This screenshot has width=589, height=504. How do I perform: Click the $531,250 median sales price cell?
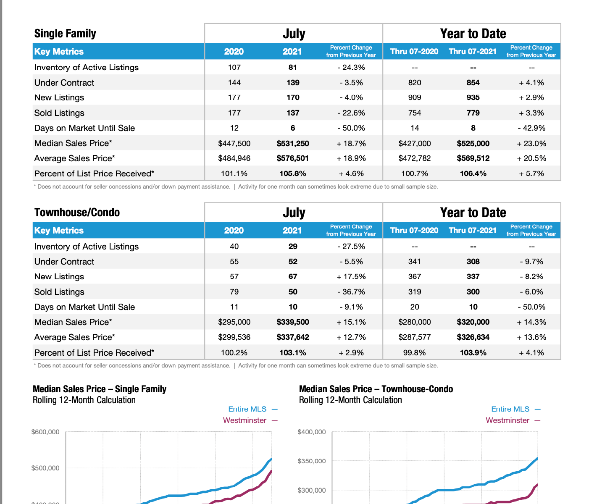(x=292, y=144)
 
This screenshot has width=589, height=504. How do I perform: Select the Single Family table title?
(x=65, y=34)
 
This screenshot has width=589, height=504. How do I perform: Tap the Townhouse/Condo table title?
(x=77, y=213)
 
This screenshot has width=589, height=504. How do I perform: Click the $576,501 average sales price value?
(x=292, y=158)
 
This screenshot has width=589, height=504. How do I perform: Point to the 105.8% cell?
(x=292, y=173)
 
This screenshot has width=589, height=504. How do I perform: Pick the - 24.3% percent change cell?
(x=351, y=67)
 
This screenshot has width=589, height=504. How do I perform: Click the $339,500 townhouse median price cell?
(x=292, y=322)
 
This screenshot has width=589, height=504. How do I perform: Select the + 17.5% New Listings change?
(x=351, y=276)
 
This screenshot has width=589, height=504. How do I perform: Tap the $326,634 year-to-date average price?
(x=473, y=337)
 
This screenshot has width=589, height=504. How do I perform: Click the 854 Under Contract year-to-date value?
(x=473, y=83)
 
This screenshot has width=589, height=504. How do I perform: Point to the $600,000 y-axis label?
(x=45, y=432)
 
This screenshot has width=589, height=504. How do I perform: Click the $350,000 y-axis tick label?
(x=311, y=461)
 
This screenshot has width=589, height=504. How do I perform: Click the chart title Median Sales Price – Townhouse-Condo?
(x=376, y=389)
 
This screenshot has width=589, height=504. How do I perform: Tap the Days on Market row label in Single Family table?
(x=84, y=128)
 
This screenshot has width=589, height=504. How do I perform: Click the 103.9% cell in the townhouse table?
(x=473, y=353)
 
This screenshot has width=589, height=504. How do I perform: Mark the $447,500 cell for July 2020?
(x=234, y=144)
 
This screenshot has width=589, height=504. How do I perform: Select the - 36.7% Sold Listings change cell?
(x=351, y=292)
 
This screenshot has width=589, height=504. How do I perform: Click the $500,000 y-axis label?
(x=45, y=468)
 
